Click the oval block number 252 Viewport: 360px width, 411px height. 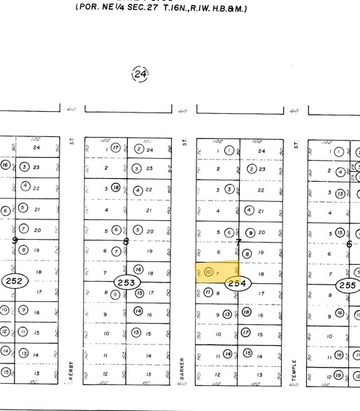(13, 282)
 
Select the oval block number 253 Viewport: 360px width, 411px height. (127, 282)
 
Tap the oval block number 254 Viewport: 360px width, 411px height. (238, 283)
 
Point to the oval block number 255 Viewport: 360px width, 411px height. (347, 285)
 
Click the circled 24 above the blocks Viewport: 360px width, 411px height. (140, 74)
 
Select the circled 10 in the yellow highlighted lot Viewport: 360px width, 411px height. (208, 272)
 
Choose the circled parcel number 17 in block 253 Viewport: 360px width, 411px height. (139, 294)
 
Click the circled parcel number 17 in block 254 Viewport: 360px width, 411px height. (246, 333)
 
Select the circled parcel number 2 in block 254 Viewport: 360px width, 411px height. (251, 169)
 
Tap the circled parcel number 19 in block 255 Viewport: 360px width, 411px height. (338, 376)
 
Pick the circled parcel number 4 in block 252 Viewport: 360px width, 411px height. (24, 186)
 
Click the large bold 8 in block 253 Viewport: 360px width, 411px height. (127, 242)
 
